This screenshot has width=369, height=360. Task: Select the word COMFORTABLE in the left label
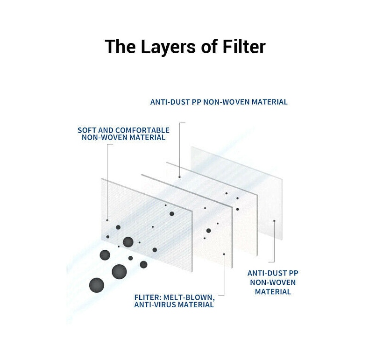[142, 130]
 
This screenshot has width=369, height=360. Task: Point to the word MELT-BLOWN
[190, 297]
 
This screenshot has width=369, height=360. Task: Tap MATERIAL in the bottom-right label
[273, 292]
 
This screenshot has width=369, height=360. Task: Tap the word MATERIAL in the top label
[270, 102]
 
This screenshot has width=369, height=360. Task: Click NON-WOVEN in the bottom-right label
[273, 282]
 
